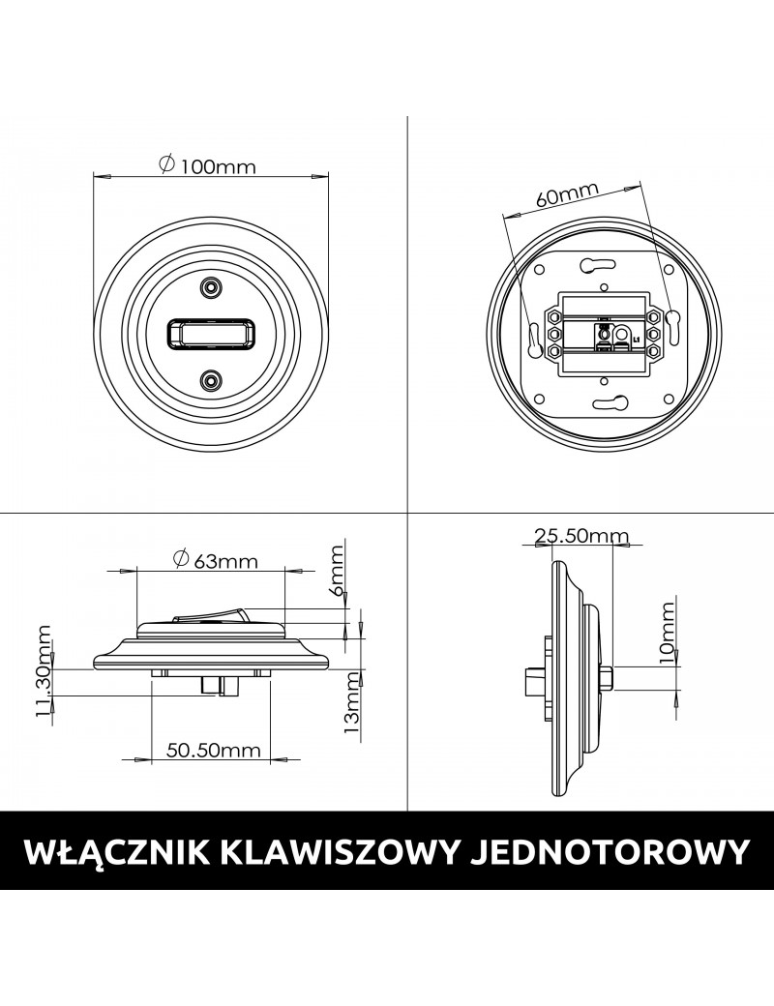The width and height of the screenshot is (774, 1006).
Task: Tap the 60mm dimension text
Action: click(x=567, y=195)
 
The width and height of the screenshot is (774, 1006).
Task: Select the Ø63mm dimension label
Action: click(x=215, y=559)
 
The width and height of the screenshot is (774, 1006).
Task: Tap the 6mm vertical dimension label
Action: click(x=337, y=573)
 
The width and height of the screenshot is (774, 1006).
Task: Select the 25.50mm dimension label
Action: click(x=581, y=536)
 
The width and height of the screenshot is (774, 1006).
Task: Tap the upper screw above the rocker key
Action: click(x=210, y=287)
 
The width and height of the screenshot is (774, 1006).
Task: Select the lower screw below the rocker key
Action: click(x=210, y=381)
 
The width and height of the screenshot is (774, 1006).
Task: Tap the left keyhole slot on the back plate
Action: click(x=531, y=335)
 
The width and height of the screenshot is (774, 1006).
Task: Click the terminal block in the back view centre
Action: click(x=602, y=335)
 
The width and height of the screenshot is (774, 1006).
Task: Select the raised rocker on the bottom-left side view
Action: click(x=210, y=613)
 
